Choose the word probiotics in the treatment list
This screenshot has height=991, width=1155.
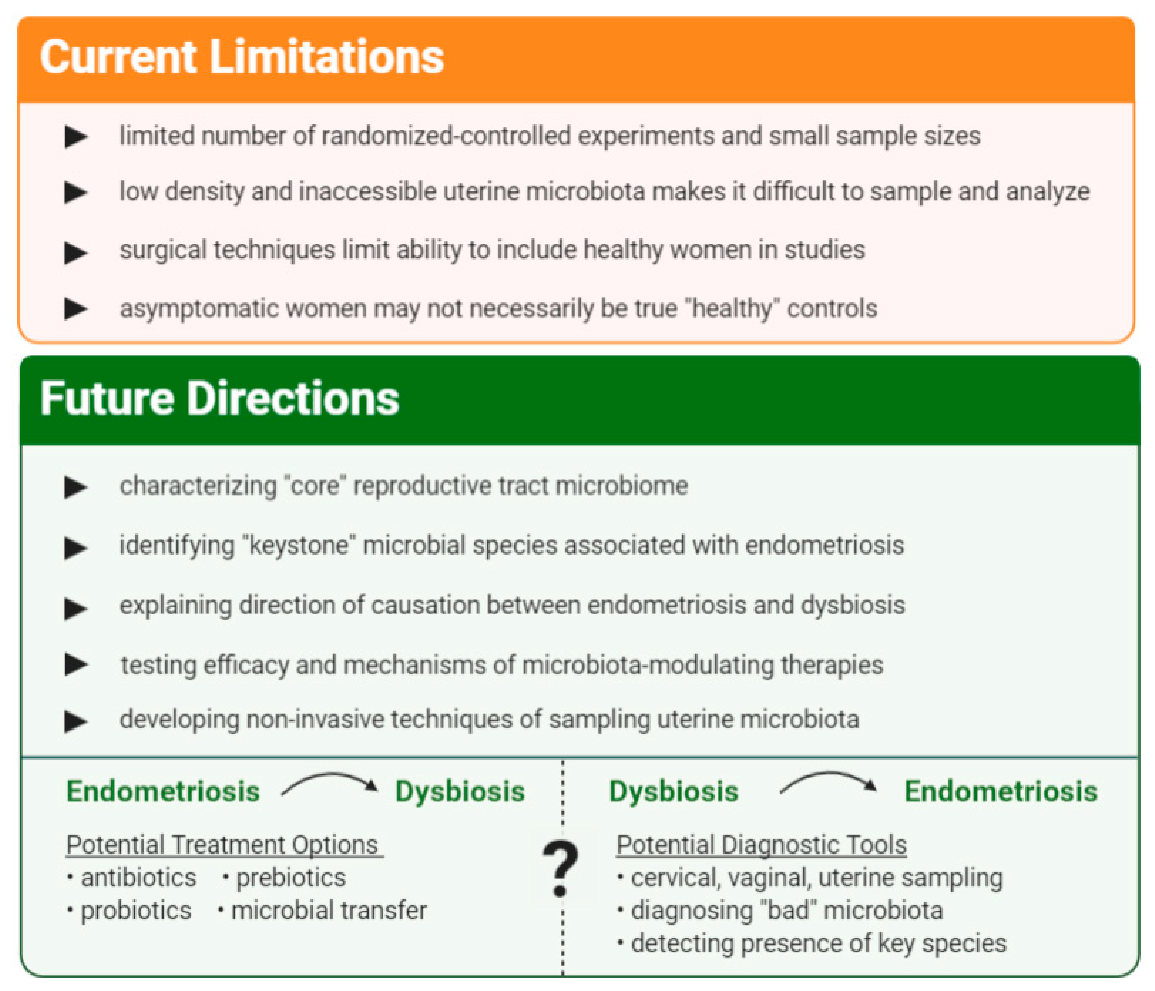tap(136, 911)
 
